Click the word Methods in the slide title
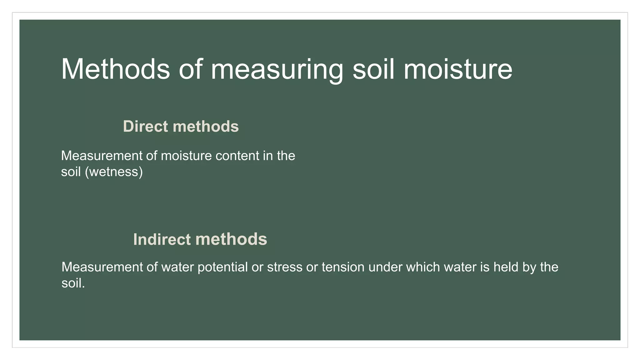[115, 69]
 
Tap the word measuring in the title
[277, 69]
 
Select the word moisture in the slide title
[458, 69]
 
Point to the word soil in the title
[373, 69]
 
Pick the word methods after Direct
[206, 127]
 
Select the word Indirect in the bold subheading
[162, 239]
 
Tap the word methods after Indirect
[231, 239]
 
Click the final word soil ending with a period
[73, 283]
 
